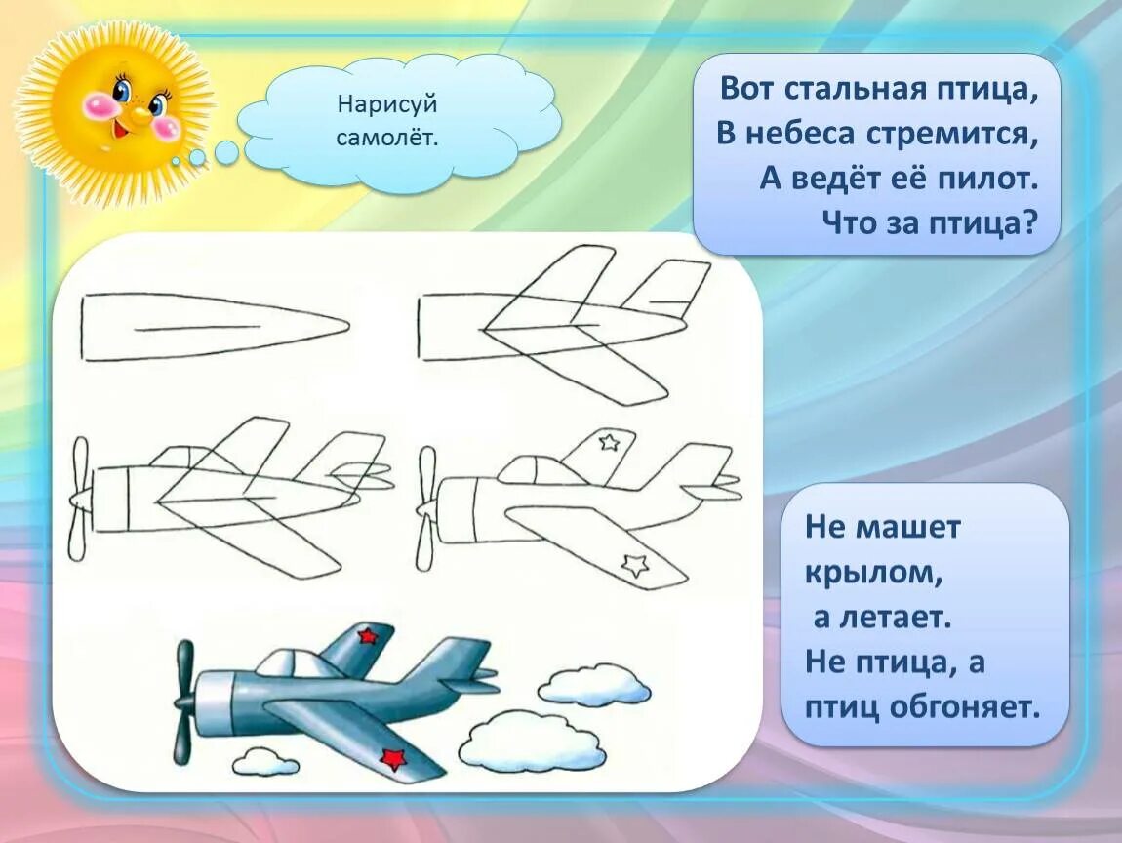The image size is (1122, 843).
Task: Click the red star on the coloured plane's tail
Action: [x=367, y=636]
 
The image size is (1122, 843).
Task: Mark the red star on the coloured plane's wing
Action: [x=392, y=758]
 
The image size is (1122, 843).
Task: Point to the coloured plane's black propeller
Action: [x=182, y=701]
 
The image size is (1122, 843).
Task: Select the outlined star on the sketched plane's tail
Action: [x=609, y=443]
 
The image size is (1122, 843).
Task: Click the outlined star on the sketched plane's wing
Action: [x=636, y=563]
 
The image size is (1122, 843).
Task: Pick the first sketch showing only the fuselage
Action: [x=215, y=328]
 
